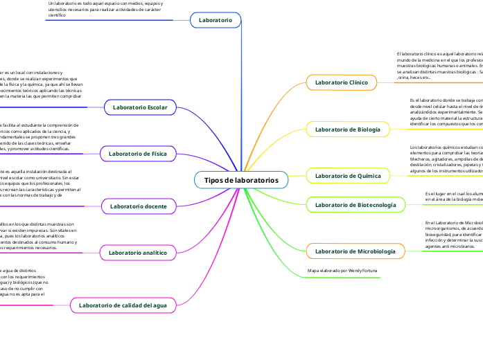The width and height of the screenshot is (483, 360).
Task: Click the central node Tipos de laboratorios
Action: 241,180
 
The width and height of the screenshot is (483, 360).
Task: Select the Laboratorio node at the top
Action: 216,21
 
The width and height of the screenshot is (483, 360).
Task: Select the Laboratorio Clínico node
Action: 341,82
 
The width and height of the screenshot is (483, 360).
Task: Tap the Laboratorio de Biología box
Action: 347,129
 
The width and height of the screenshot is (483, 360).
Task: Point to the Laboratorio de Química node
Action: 348,176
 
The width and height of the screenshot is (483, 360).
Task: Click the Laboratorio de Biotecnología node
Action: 355,204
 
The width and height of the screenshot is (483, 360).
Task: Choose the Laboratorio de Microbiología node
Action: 355,251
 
